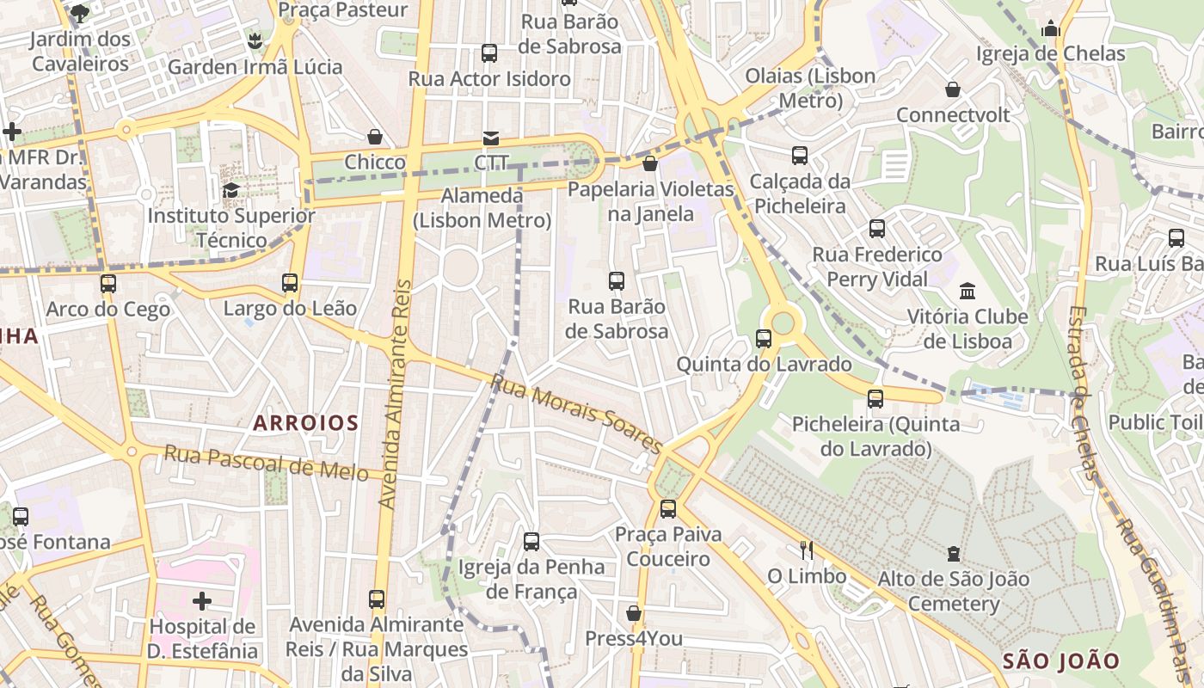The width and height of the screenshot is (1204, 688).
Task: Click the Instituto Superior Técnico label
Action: pos(231,227)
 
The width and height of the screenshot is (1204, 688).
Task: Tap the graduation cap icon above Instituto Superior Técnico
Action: pos(230,190)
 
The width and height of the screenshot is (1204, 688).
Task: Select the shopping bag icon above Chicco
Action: pos(375,137)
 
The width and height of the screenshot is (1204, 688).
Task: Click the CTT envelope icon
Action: pos(491,138)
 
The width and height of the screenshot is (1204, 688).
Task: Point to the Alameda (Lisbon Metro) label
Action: pos(482,208)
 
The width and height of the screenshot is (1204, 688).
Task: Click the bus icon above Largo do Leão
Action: pos(290,282)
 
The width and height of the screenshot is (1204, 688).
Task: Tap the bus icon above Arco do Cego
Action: pos(108,283)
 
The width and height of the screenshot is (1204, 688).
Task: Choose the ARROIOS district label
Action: pos(305,422)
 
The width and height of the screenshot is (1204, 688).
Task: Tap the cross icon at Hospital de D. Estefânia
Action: pos(202,600)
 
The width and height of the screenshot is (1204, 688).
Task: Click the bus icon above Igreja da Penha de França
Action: pos(531,541)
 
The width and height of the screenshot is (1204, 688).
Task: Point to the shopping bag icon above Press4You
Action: pos(634,613)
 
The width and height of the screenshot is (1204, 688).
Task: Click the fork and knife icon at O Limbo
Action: pos(806,550)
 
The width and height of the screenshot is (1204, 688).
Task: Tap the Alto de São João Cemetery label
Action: pos(954,591)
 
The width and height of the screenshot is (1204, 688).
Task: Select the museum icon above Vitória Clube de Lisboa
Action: pos(967,291)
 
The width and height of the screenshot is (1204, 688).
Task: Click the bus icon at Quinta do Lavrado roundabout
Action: pos(764,338)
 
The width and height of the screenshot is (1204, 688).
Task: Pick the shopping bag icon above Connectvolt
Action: pos(953,89)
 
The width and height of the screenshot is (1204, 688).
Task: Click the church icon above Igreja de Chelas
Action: pos(1050,29)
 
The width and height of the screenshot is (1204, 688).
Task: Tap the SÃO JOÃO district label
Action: pos(1061,660)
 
